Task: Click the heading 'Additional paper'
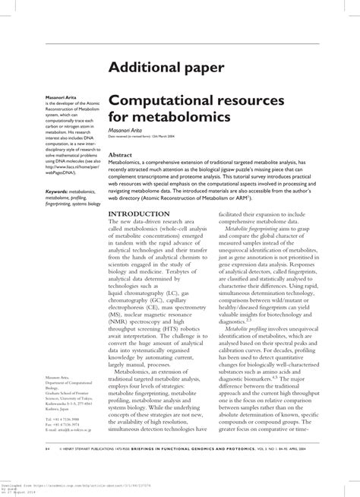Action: click(166, 68)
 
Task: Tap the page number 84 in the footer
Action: click(48, 470)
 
